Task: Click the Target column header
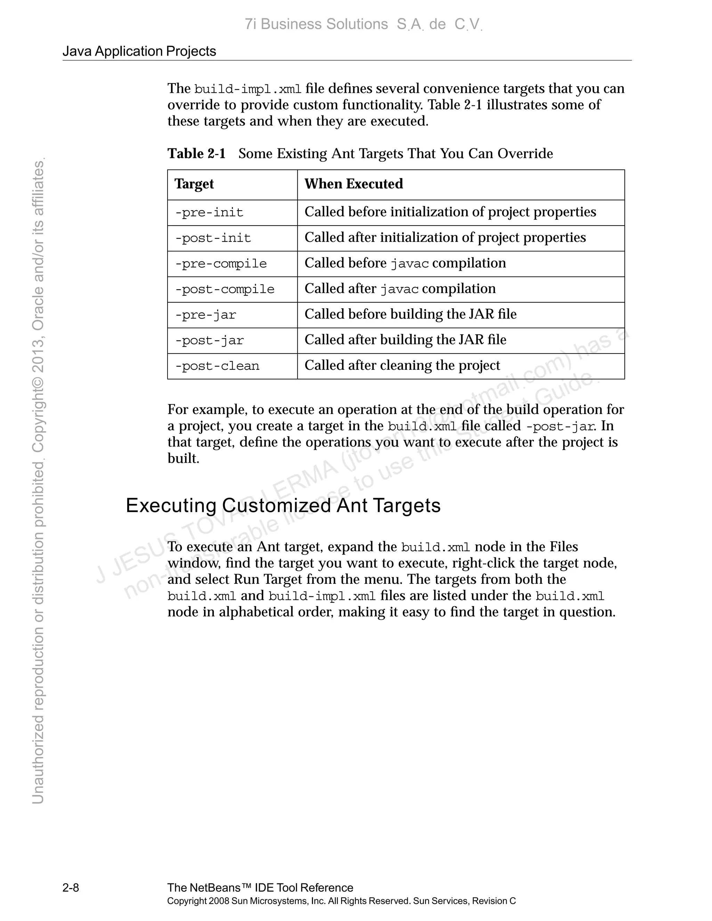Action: click(x=194, y=184)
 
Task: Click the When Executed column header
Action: click(x=354, y=184)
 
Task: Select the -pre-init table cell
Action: click(x=209, y=213)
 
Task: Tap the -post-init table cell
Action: click(x=213, y=238)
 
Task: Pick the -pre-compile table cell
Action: click(x=221, y=264)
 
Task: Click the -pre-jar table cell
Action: click(x=206, y=315)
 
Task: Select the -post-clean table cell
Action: click(x=217, y=366)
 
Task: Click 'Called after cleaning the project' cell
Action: click(x=402, y=365)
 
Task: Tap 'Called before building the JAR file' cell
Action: click(x=411, y=314)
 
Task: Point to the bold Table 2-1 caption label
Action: click(x=196, y=154)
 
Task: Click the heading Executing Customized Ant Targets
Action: click(x=283, y=505)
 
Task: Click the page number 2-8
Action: click(x=71, y=888)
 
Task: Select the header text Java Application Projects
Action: click(x=139, y=51)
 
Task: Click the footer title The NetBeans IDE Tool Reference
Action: click(x=260, y=888)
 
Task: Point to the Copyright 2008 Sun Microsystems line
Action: click(x=341, y=901)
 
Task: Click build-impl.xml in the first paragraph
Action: click(x=248, y=89)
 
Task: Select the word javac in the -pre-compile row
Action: click(x=409, y=264)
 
